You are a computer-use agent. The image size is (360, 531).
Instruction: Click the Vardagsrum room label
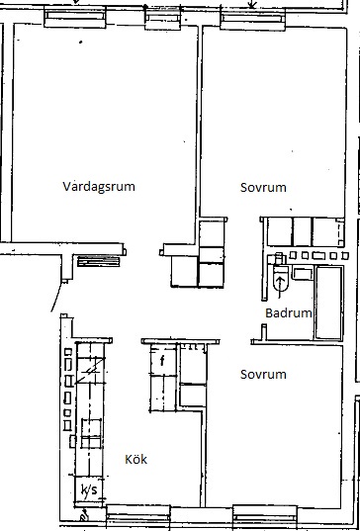pyautogui.click(x=99, y=187)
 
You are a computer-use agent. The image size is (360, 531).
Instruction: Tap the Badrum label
pyautogui.click(x=288, y=312)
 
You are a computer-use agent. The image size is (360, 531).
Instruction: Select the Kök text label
pyautogui.click(x=136, y=459)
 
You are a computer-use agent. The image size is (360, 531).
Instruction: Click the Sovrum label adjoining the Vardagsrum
pyautogui.click(x=263, y=187)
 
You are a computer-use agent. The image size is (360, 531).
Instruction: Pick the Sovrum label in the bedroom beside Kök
pyautogui.click(x=263, y=374)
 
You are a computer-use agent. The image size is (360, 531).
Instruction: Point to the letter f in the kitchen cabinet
pyautogui.click(x=162, y=361)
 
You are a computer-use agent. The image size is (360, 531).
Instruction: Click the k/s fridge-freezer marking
pyautogui.click(x=88, y=489)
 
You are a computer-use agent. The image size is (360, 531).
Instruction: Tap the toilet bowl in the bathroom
pyautogui.click(x=281, y=278)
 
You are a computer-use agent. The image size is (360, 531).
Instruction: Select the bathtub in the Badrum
pyautogui.click(x=328, y=302)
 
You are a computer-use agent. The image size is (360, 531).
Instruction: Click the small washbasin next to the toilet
pyautogui.click(x=303, y=274)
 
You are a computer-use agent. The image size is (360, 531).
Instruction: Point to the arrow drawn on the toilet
pyautogui.click(x=280, y=287)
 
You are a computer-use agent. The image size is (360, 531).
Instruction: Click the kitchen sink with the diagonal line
pyautogui.click(x=90, y=370)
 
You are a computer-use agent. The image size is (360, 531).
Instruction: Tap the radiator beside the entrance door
pyautogui.click(x=99, y=261)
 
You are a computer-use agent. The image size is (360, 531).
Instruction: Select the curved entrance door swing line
pyautogui.click(x=57, y=297)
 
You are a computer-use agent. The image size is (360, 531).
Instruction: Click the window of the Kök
pyautogui.click(x=137, y=517)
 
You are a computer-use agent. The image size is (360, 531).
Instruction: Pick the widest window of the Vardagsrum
pyautogui.click(x=75, y=17)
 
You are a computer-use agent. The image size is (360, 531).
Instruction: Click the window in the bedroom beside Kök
pyautogui.click(x=265, y=517)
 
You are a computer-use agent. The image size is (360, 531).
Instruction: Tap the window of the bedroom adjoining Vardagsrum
pyautogui.click(x=252, y=19)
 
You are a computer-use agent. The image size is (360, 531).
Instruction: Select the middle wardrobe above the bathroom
pyautogui.click(x=302, y=232)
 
